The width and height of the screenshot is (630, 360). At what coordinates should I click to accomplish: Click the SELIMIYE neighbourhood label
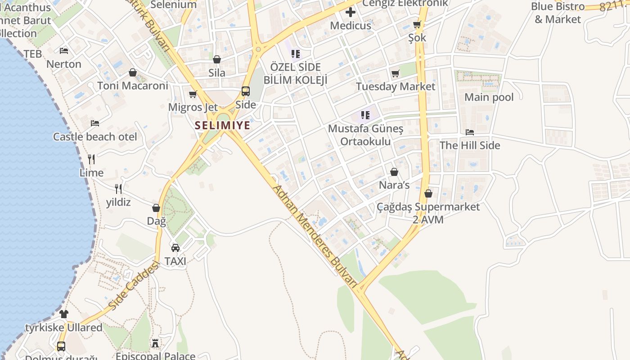[x=223, y=125]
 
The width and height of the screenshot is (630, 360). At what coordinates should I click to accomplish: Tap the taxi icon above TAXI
[x=175, y=247]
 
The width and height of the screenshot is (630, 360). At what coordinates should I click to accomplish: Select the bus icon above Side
[x=246, y=91]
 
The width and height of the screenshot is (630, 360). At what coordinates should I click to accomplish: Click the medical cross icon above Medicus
[x=351, y=12]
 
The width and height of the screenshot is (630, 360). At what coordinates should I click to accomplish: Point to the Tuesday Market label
[x=396, y=86]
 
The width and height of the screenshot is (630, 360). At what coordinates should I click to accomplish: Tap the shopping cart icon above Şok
[x=417, y=25]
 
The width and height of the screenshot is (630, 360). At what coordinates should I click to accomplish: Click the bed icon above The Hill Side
[x=470, y=132]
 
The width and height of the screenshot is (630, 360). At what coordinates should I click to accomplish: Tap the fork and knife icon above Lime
[x=91, y=159]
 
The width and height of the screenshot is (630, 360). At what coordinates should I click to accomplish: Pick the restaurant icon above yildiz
[x=118, y=189]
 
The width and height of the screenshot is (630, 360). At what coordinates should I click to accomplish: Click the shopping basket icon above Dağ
[x=156, y=208]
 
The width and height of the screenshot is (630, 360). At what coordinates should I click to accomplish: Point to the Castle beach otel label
[x=95, y=137]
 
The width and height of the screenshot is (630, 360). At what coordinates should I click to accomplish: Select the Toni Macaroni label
[x=133, y=85]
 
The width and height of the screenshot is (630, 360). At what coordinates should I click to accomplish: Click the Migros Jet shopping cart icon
[x=193, y=94]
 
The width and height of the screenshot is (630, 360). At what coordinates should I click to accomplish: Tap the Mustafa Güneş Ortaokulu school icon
[x=365, y=115]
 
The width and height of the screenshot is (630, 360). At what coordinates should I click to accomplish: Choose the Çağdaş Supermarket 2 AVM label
[x=428, y=213]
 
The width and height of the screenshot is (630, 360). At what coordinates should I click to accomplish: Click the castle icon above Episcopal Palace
[x=156, y=344]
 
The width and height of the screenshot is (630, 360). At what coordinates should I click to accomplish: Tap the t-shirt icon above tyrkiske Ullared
[x=64, y=314]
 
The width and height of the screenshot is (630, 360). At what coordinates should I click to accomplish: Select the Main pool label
[x=489, y=97]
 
